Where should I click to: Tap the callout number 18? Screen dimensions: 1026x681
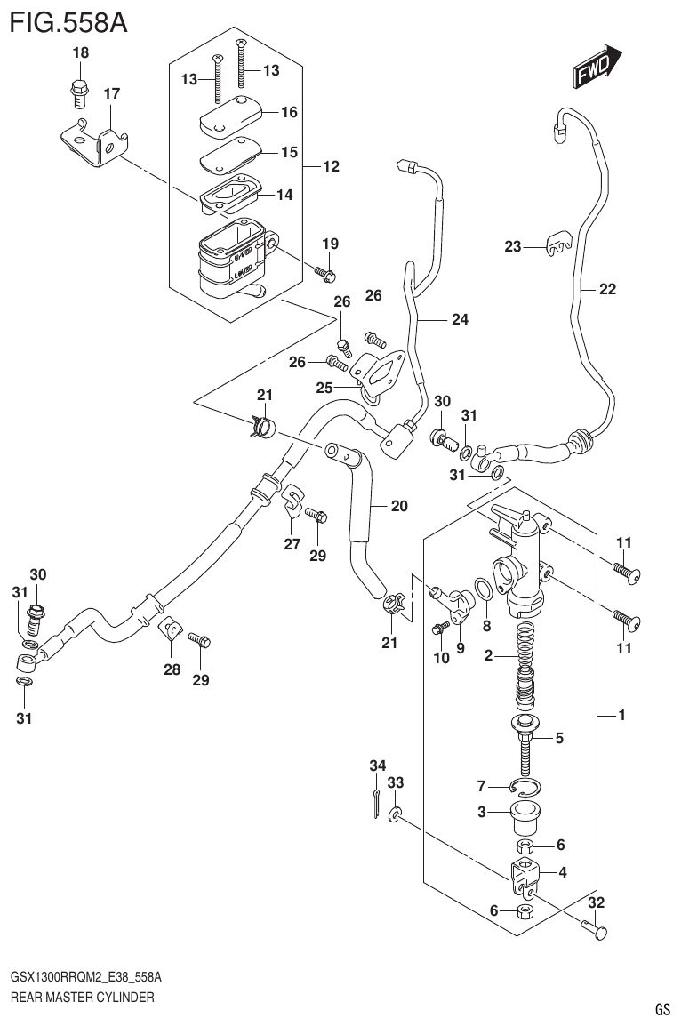click(x=80, y=54)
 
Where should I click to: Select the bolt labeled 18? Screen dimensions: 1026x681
click(x=78, y=89)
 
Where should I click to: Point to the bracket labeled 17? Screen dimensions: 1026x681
click(x=96, y=140)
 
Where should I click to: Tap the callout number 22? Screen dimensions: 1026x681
click(x=607, y=289)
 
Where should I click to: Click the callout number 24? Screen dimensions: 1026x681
click(x=459, y=319)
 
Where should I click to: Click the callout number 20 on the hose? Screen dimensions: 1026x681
click(x=399, y=506)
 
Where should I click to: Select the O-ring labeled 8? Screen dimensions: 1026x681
click(x=484, y=590)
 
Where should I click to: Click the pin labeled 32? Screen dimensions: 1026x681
click(x=595, y=930)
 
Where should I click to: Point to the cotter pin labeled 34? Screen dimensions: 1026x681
click(x=377, y=801)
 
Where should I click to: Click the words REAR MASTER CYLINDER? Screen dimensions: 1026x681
click(x=82, y=997)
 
